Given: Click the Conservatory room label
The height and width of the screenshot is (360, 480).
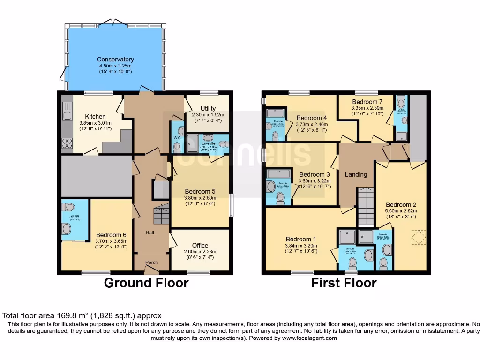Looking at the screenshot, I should (115, 60).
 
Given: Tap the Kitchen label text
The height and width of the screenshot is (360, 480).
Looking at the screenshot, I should (95, 116).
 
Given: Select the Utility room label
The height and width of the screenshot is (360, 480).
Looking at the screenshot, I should (208, 108).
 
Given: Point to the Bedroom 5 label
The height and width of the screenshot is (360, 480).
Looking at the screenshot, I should (200, 191).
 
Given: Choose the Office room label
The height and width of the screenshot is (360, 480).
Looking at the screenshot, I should (200, 245).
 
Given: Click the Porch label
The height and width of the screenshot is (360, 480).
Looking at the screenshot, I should (151, 262).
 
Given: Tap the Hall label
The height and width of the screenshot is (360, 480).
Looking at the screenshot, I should (150, 232).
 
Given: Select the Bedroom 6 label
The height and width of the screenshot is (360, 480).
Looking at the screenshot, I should (111, 235).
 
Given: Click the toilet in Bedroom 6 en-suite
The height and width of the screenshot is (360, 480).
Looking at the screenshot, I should (69, 207).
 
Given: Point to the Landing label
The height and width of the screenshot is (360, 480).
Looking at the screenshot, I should (356, 174).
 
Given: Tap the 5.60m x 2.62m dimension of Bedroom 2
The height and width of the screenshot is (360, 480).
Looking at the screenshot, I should (401, 211).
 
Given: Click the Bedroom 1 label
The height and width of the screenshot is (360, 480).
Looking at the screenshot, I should (299, 239).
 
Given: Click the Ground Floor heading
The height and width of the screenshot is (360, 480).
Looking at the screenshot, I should (146, 283).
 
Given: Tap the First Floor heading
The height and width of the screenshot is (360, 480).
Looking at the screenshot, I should (344, 283).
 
